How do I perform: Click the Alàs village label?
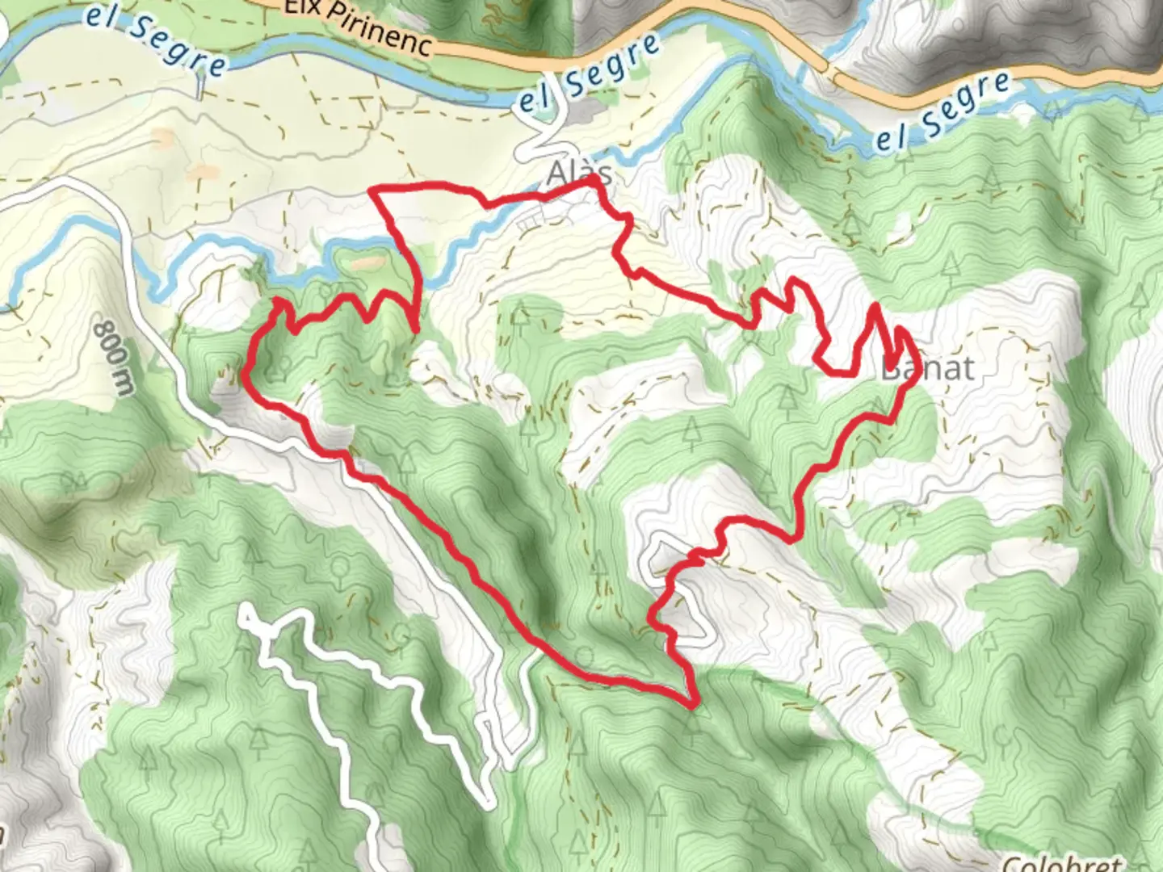[578, 174]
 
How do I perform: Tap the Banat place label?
[927, 369]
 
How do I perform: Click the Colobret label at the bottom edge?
[1062, 862]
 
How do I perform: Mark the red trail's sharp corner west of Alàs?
[372, 191]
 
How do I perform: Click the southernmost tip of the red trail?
[693, 705]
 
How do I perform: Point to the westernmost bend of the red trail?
[245, 374]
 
